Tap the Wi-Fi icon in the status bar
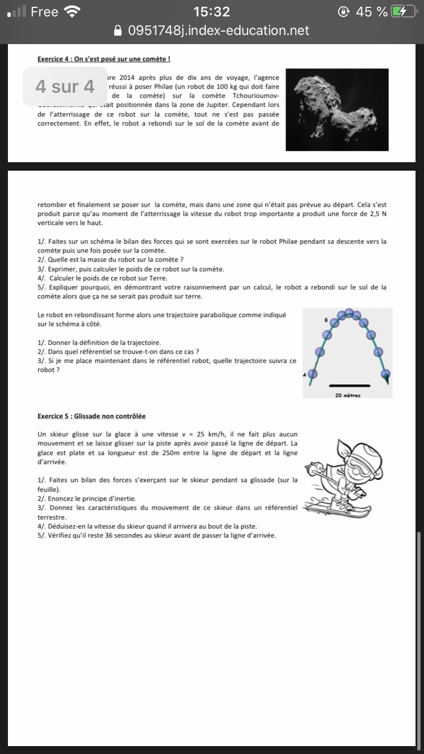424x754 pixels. (x=72, y=11)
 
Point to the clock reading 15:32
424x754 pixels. (x=211, y=12)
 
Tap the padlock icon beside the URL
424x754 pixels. (x=118, y=31)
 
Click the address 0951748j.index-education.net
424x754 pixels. (x=219, y=31)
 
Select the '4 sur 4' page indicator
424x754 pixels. (x=64, y=86)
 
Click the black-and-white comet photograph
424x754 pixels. (x=337, y=110)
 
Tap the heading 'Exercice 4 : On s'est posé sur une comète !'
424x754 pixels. (x=104, y=59)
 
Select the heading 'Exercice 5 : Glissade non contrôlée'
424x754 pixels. (x=92, y=416)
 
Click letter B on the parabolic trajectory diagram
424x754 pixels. (x=326, y=320)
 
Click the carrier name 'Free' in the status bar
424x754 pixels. (x=44, y=12)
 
